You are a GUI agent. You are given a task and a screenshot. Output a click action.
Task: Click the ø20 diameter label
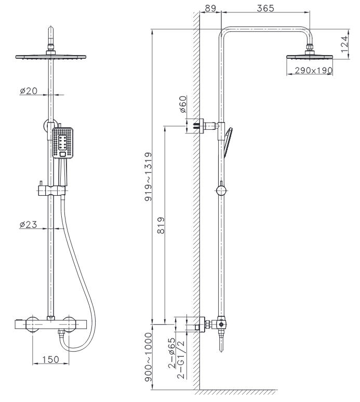pyautogui.click(x=29, y=91)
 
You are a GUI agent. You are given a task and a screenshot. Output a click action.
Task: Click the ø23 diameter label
pyautogui.click(x=29, y=224)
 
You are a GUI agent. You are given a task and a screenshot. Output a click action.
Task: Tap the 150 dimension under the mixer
pyautogui.click(x=51, y=359)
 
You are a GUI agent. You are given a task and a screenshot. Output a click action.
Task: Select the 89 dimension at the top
pyautogui.click(x=210, y=8)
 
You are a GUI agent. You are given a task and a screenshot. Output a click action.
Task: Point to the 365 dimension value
pyautogui.click(x=265, y=8)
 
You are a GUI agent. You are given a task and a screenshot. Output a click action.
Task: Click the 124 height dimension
pyautogui.click(x=345, y=44)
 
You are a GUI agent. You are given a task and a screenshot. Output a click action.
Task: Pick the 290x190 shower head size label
pyautogui.click(x=313, y=70)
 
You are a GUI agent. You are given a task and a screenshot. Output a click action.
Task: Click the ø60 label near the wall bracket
pyautogui.click(x=183, y=104)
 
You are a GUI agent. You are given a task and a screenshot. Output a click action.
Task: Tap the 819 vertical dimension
pyautogui.click(x=161, y=225)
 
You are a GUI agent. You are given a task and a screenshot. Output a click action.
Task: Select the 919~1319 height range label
pyautogui.click(x=148, y=177)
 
